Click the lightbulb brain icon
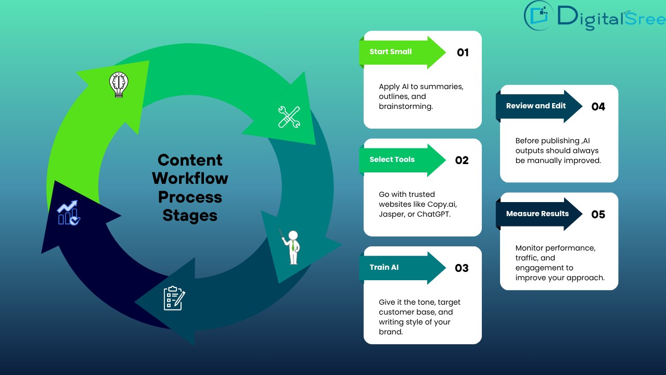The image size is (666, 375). [x=118, y=84]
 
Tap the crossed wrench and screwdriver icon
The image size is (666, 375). [x=289, y=117]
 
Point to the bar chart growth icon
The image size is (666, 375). [x=69, y=213]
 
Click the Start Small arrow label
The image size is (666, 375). [x=391, y=52]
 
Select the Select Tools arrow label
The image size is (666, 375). [x=392, y=160]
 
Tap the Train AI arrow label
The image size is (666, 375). [x=385, y=268]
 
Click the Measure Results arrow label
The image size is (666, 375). [x=537, y=214]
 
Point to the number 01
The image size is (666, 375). [x=463, y=53]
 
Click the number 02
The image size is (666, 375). [x=462, y=160]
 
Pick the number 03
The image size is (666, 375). [x=462, y=268]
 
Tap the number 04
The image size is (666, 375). [x=598, y=107]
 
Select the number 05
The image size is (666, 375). [x=598, y=215]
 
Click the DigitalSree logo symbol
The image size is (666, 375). [x=539, y=16]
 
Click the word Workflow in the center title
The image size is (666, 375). [x=190, y=179]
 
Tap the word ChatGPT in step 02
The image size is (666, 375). [x=433, y=214]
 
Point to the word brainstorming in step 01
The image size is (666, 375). [x=405, y=106]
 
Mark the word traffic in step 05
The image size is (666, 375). [x=528, y=258]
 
